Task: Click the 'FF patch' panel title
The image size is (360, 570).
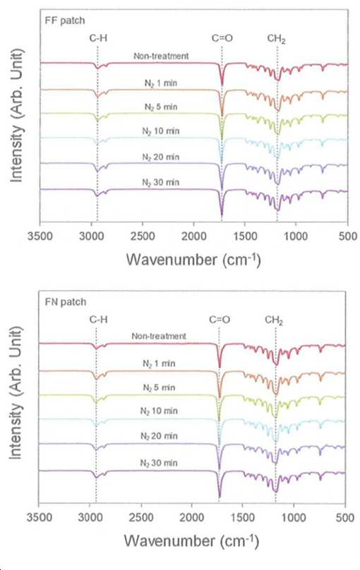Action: (x=65, y=20)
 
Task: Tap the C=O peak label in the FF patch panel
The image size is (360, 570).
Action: (x=222, y=38)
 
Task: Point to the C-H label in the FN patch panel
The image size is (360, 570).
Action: (x=99, y=320)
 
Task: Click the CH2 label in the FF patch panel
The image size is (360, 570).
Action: (x=277, y=39)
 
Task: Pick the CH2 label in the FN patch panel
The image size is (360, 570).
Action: (x=274, y=320)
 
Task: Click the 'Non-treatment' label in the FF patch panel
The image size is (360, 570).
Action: (x=161, y=56)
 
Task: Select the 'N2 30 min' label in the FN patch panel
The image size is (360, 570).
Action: (x=159, y=463)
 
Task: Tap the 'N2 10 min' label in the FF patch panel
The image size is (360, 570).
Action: (x=161, y=131)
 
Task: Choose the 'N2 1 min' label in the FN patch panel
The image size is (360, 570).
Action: (x=159, y=363)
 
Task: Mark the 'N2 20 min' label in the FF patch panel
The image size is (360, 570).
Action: (x=161, y=157)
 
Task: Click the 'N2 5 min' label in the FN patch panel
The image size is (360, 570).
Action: (x=159, y=387)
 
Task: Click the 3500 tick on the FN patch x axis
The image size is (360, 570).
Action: (x=40, y=517)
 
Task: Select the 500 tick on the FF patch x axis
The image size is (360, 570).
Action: (x=347, y=236)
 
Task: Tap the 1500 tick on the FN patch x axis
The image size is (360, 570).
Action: (x=242, y=517)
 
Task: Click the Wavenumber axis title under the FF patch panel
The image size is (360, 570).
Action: (x=193, y=260)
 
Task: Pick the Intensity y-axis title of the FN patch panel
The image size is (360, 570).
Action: (x=16, y=393)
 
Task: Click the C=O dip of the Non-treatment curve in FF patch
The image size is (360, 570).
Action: (x=222, y=85)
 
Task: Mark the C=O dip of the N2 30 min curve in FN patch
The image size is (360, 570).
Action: (x=220, y=496)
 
